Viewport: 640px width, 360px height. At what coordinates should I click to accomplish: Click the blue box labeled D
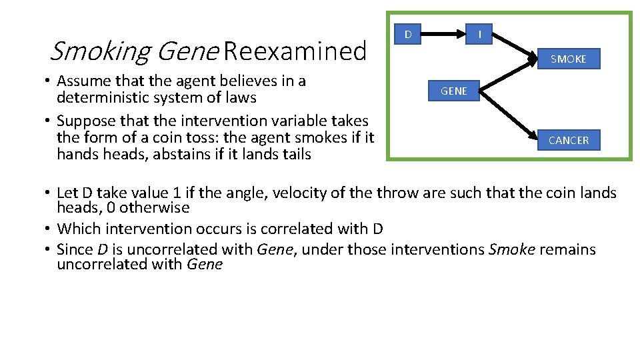point(408,34)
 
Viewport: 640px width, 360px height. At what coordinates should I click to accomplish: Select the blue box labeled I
point(480,34)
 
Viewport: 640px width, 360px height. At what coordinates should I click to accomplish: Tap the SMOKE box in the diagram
point(568,59)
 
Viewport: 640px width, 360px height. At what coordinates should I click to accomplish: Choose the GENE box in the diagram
point(453,91)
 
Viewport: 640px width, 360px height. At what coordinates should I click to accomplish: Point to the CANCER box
point(568,140)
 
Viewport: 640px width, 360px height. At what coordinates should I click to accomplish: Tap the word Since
point(75,250)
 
